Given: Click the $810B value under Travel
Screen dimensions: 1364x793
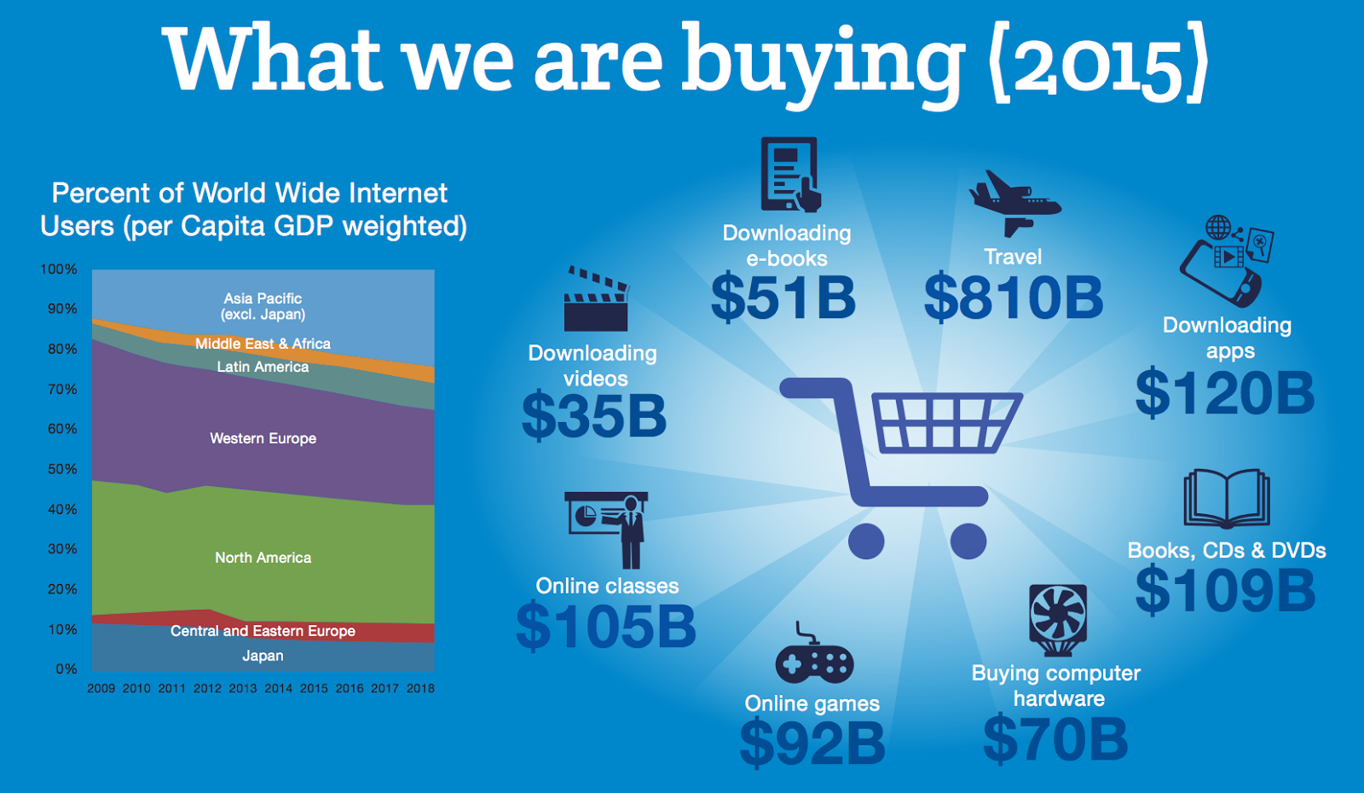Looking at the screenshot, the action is (1014, 298).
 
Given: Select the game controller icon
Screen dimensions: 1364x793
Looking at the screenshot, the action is (814, 653).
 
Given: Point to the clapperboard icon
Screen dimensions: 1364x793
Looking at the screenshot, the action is (596, 299).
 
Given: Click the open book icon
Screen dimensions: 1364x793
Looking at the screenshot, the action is (1227, 498).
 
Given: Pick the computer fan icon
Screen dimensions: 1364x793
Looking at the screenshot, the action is (1058, 620).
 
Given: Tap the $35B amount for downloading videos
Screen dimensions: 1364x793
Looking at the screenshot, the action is (594, 417).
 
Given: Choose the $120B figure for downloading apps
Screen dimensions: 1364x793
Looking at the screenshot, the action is (1224, 393).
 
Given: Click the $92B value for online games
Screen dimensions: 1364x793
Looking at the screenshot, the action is (812, 743).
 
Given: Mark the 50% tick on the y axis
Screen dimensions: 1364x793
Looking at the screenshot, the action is (62, 469).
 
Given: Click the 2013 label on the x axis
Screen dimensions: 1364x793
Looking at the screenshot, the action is (242, 688).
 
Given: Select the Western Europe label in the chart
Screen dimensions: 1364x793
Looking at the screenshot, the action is (263, 438).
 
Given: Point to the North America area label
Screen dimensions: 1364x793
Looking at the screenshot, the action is (263, 558).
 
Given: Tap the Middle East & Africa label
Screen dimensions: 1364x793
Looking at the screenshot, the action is (263, 344).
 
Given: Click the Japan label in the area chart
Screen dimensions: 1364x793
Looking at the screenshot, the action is (263, 656).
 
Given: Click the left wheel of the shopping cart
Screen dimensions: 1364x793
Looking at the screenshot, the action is (866, 541).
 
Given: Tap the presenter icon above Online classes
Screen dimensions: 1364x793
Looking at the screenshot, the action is (606, 530).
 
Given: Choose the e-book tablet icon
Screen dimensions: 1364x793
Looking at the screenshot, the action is (789, 174).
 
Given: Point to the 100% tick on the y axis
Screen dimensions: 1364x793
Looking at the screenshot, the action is (59, 269).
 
